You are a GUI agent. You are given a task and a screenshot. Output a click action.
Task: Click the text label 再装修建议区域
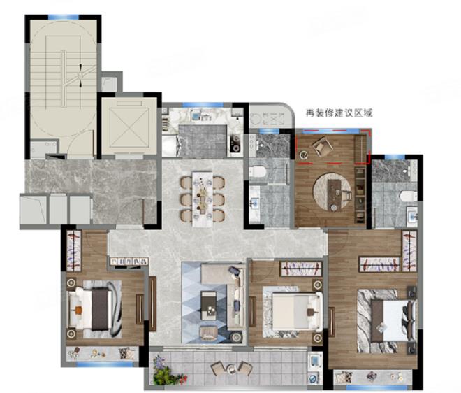[339, 113]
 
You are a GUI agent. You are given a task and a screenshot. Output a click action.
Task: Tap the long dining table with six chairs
[203, 199]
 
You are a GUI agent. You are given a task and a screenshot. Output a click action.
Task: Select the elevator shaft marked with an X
[129, 125]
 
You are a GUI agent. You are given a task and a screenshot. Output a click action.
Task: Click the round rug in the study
[332, 192]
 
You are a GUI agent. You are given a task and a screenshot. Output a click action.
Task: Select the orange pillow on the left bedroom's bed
[78, 310]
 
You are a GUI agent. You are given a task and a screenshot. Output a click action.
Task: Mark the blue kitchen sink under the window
[195, 115]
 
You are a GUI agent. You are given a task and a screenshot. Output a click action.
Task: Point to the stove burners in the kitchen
[235, 143]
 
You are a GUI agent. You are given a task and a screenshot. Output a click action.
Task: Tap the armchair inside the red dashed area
[322, 146]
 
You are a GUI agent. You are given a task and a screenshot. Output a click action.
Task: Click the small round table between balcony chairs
[232, 369]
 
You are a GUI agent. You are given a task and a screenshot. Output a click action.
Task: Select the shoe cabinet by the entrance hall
[129, 262]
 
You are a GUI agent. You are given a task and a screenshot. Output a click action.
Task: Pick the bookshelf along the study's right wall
[360, 195]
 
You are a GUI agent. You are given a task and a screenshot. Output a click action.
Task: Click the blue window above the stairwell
[63, 17]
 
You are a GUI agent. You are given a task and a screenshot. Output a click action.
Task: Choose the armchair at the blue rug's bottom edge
[209, 333]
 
